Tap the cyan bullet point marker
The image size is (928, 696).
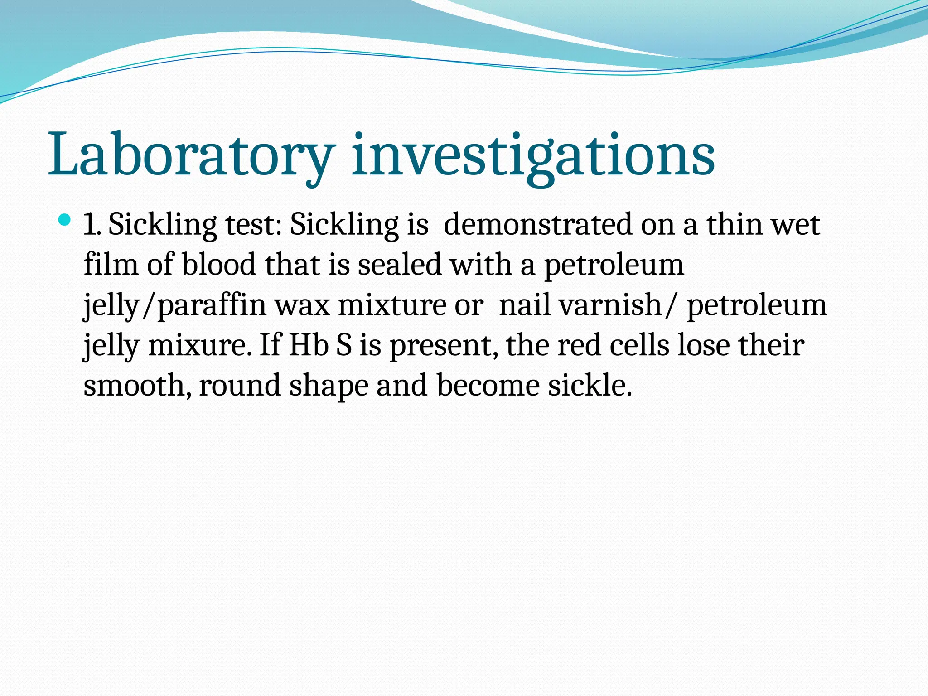click(65, 221)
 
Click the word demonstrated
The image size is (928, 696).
click(537, 225)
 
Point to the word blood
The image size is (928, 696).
click(218, 265)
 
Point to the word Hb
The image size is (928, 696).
click(309, 346)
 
